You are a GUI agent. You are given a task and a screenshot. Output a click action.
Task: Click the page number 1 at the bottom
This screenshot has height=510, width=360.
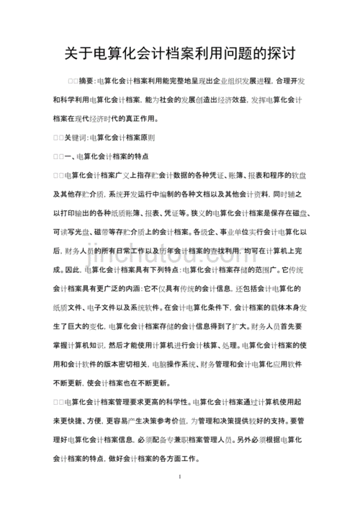point(179,477)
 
